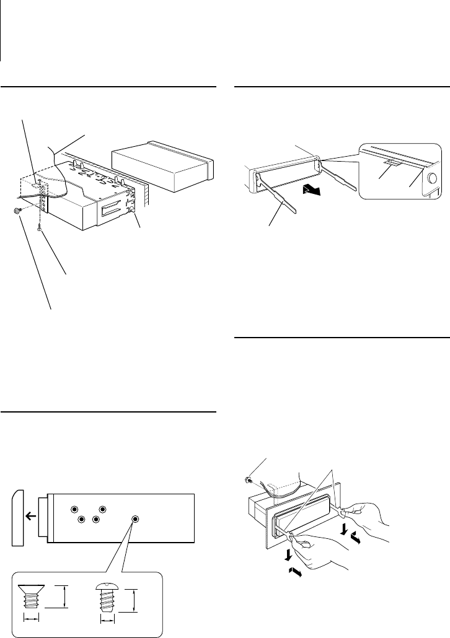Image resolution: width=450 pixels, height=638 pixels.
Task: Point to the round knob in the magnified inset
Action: click(x=430, y=181)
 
